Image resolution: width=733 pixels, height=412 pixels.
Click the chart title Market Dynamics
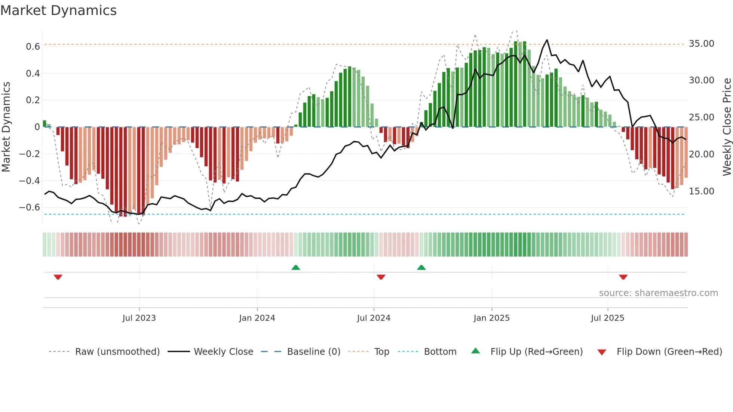click(59, 10)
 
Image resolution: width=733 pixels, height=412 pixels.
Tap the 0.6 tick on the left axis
click(33, 47)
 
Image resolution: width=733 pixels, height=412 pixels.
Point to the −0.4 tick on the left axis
click(30, 181)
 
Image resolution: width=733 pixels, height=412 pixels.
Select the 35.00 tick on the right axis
click(702, 44)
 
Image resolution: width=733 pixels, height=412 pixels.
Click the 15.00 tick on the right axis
click(702, 191)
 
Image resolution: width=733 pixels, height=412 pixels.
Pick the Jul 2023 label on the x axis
click(139, 318)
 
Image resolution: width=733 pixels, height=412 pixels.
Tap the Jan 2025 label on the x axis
click(491, 318)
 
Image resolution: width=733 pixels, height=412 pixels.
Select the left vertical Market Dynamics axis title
click(6, 127)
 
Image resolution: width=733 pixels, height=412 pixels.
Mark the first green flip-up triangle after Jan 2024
click(296, 268)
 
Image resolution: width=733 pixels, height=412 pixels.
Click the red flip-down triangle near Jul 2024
click(381, 277)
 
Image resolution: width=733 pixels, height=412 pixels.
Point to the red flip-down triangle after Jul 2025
click(623, 277)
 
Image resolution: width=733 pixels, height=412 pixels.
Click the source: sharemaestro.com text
click(658, 293)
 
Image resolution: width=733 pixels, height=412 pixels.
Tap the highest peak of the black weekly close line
click(547, 40)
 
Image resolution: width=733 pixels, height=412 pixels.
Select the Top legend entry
click(381, 352)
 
